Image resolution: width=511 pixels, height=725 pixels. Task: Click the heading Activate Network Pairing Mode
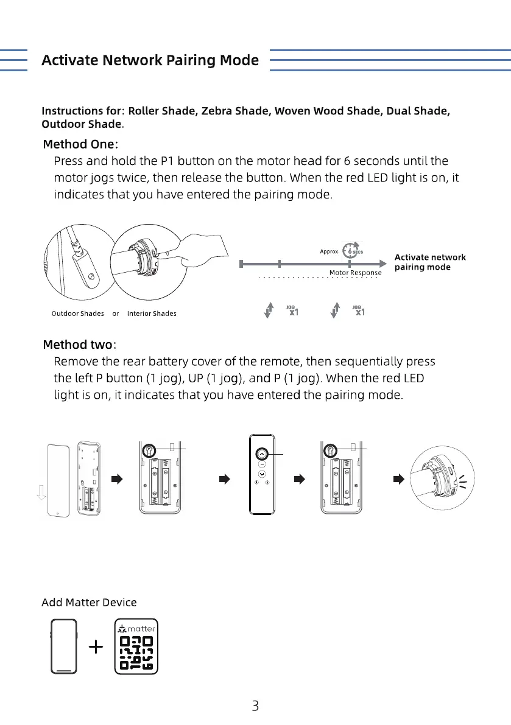pos(150,60)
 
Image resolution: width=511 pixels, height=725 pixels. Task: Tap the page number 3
pos(255,706)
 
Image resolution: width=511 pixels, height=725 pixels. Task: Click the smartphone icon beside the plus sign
pos(64,646)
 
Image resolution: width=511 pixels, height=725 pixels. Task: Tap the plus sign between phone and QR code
pos(96,646)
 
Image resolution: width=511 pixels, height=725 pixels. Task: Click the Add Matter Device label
pos(89,602)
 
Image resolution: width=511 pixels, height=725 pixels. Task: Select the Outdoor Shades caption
pos(77,313)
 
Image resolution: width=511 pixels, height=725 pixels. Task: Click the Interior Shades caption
pos(152,313)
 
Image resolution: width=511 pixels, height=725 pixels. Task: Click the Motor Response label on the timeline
pos(355,273)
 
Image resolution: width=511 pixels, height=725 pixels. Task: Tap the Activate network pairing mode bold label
pos(430,262)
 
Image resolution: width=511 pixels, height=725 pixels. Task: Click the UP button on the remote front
pos(261,454)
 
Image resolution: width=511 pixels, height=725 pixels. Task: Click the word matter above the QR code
pos(141,629)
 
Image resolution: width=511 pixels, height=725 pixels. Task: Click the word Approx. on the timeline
pos(329,251)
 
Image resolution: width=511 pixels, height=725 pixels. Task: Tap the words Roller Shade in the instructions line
pos(162,111)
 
